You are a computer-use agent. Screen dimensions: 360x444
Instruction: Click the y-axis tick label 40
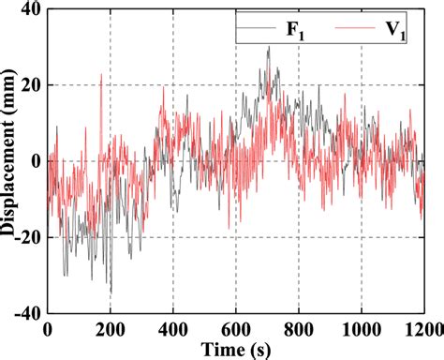[30, 10]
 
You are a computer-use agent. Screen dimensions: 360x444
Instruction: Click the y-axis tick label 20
[30, 85]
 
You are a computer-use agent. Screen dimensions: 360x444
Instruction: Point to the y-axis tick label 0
[35, 161]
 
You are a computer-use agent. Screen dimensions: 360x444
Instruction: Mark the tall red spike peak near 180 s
[101, 74]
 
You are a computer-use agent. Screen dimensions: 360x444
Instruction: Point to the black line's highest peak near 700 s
[268, 48]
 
